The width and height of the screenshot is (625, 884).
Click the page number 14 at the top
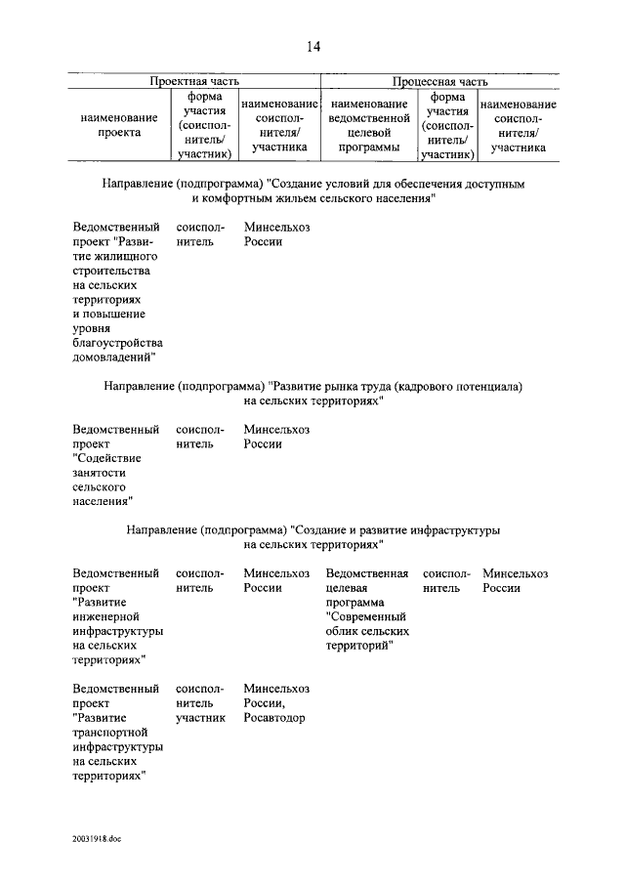coord(312,46)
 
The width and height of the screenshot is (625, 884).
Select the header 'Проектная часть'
coord(193,82)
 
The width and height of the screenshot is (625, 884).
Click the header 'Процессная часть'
coord(439,82)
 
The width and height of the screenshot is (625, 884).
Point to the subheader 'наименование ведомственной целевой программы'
coord(368,125)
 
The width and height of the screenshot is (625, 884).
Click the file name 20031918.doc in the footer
coord(96,838)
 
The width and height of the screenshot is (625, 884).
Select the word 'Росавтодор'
coord(274,718)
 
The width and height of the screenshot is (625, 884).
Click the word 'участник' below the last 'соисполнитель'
coord(200,718)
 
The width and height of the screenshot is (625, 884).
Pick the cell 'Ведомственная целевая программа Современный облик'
coord(367,610)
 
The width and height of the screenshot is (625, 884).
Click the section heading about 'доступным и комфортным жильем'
coord(312,190)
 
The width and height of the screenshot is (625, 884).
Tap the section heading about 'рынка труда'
coord(312,394)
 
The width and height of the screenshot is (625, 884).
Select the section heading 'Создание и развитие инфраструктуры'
coord(312,536)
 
